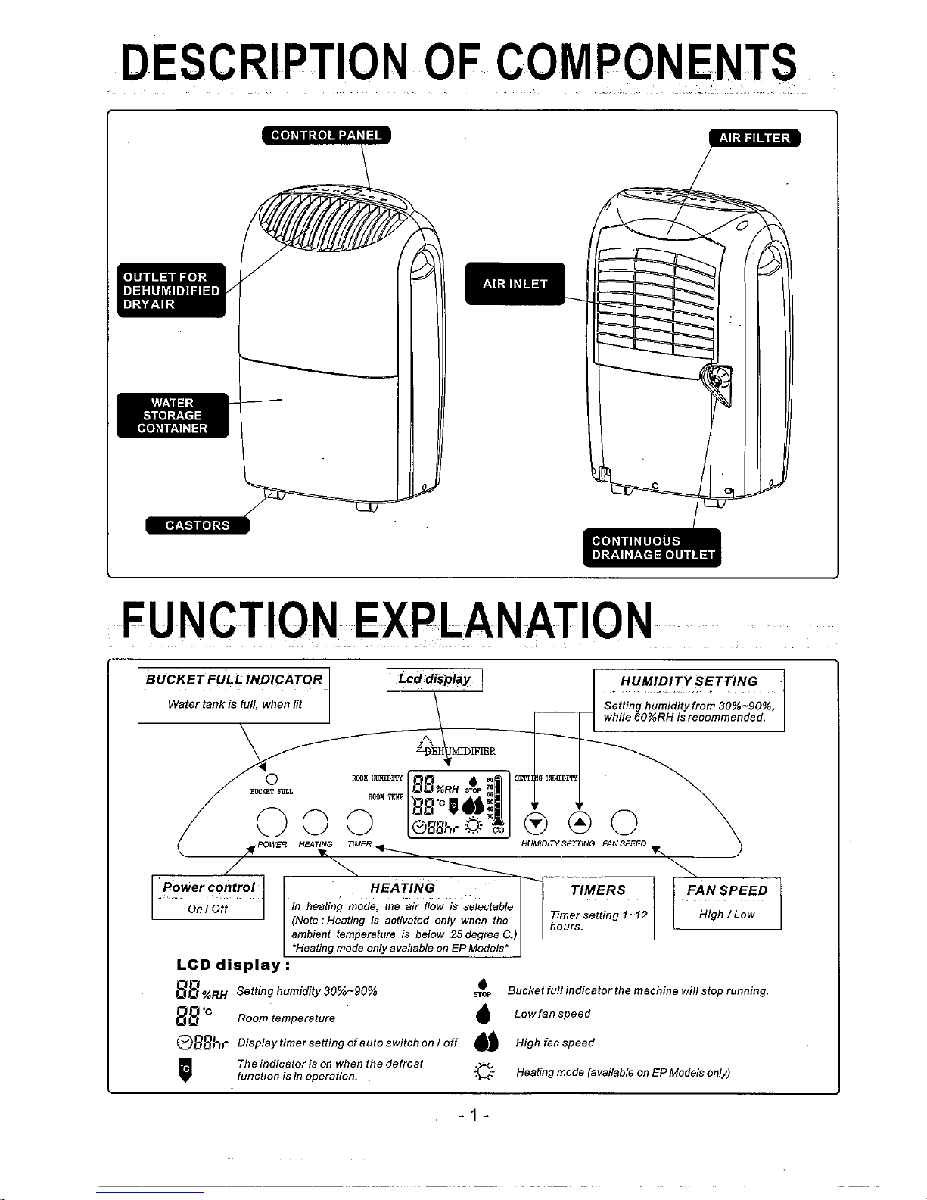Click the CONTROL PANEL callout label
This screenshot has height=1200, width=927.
(326, 136)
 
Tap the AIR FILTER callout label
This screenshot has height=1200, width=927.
(754, 138)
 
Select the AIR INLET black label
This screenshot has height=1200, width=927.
(515, 284)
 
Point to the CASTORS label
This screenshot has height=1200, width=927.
(197, 525)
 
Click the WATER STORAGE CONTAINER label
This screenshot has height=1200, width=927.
(172, 416)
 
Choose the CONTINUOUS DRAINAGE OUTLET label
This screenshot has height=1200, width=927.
(652, 547)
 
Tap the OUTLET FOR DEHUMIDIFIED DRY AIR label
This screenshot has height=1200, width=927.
(171, 291)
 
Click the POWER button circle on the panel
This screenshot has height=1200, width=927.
(271, 823)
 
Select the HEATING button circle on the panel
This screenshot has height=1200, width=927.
(315, 823)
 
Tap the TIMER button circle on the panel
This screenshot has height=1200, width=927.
(359, 823)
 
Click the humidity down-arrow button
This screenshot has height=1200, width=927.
(535, 823)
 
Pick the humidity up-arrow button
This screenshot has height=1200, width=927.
(580, 823)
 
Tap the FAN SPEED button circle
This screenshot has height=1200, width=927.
(624, 823)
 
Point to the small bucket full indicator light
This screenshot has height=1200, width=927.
(271, 778)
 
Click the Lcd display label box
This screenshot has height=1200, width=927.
(434, 680)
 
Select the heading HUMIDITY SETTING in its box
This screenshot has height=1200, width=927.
(689, 681)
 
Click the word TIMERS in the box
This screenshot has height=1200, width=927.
(598, 890)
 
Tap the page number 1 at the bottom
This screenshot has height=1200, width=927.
(474, 1115)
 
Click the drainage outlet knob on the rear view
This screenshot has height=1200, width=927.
(716, 378)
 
